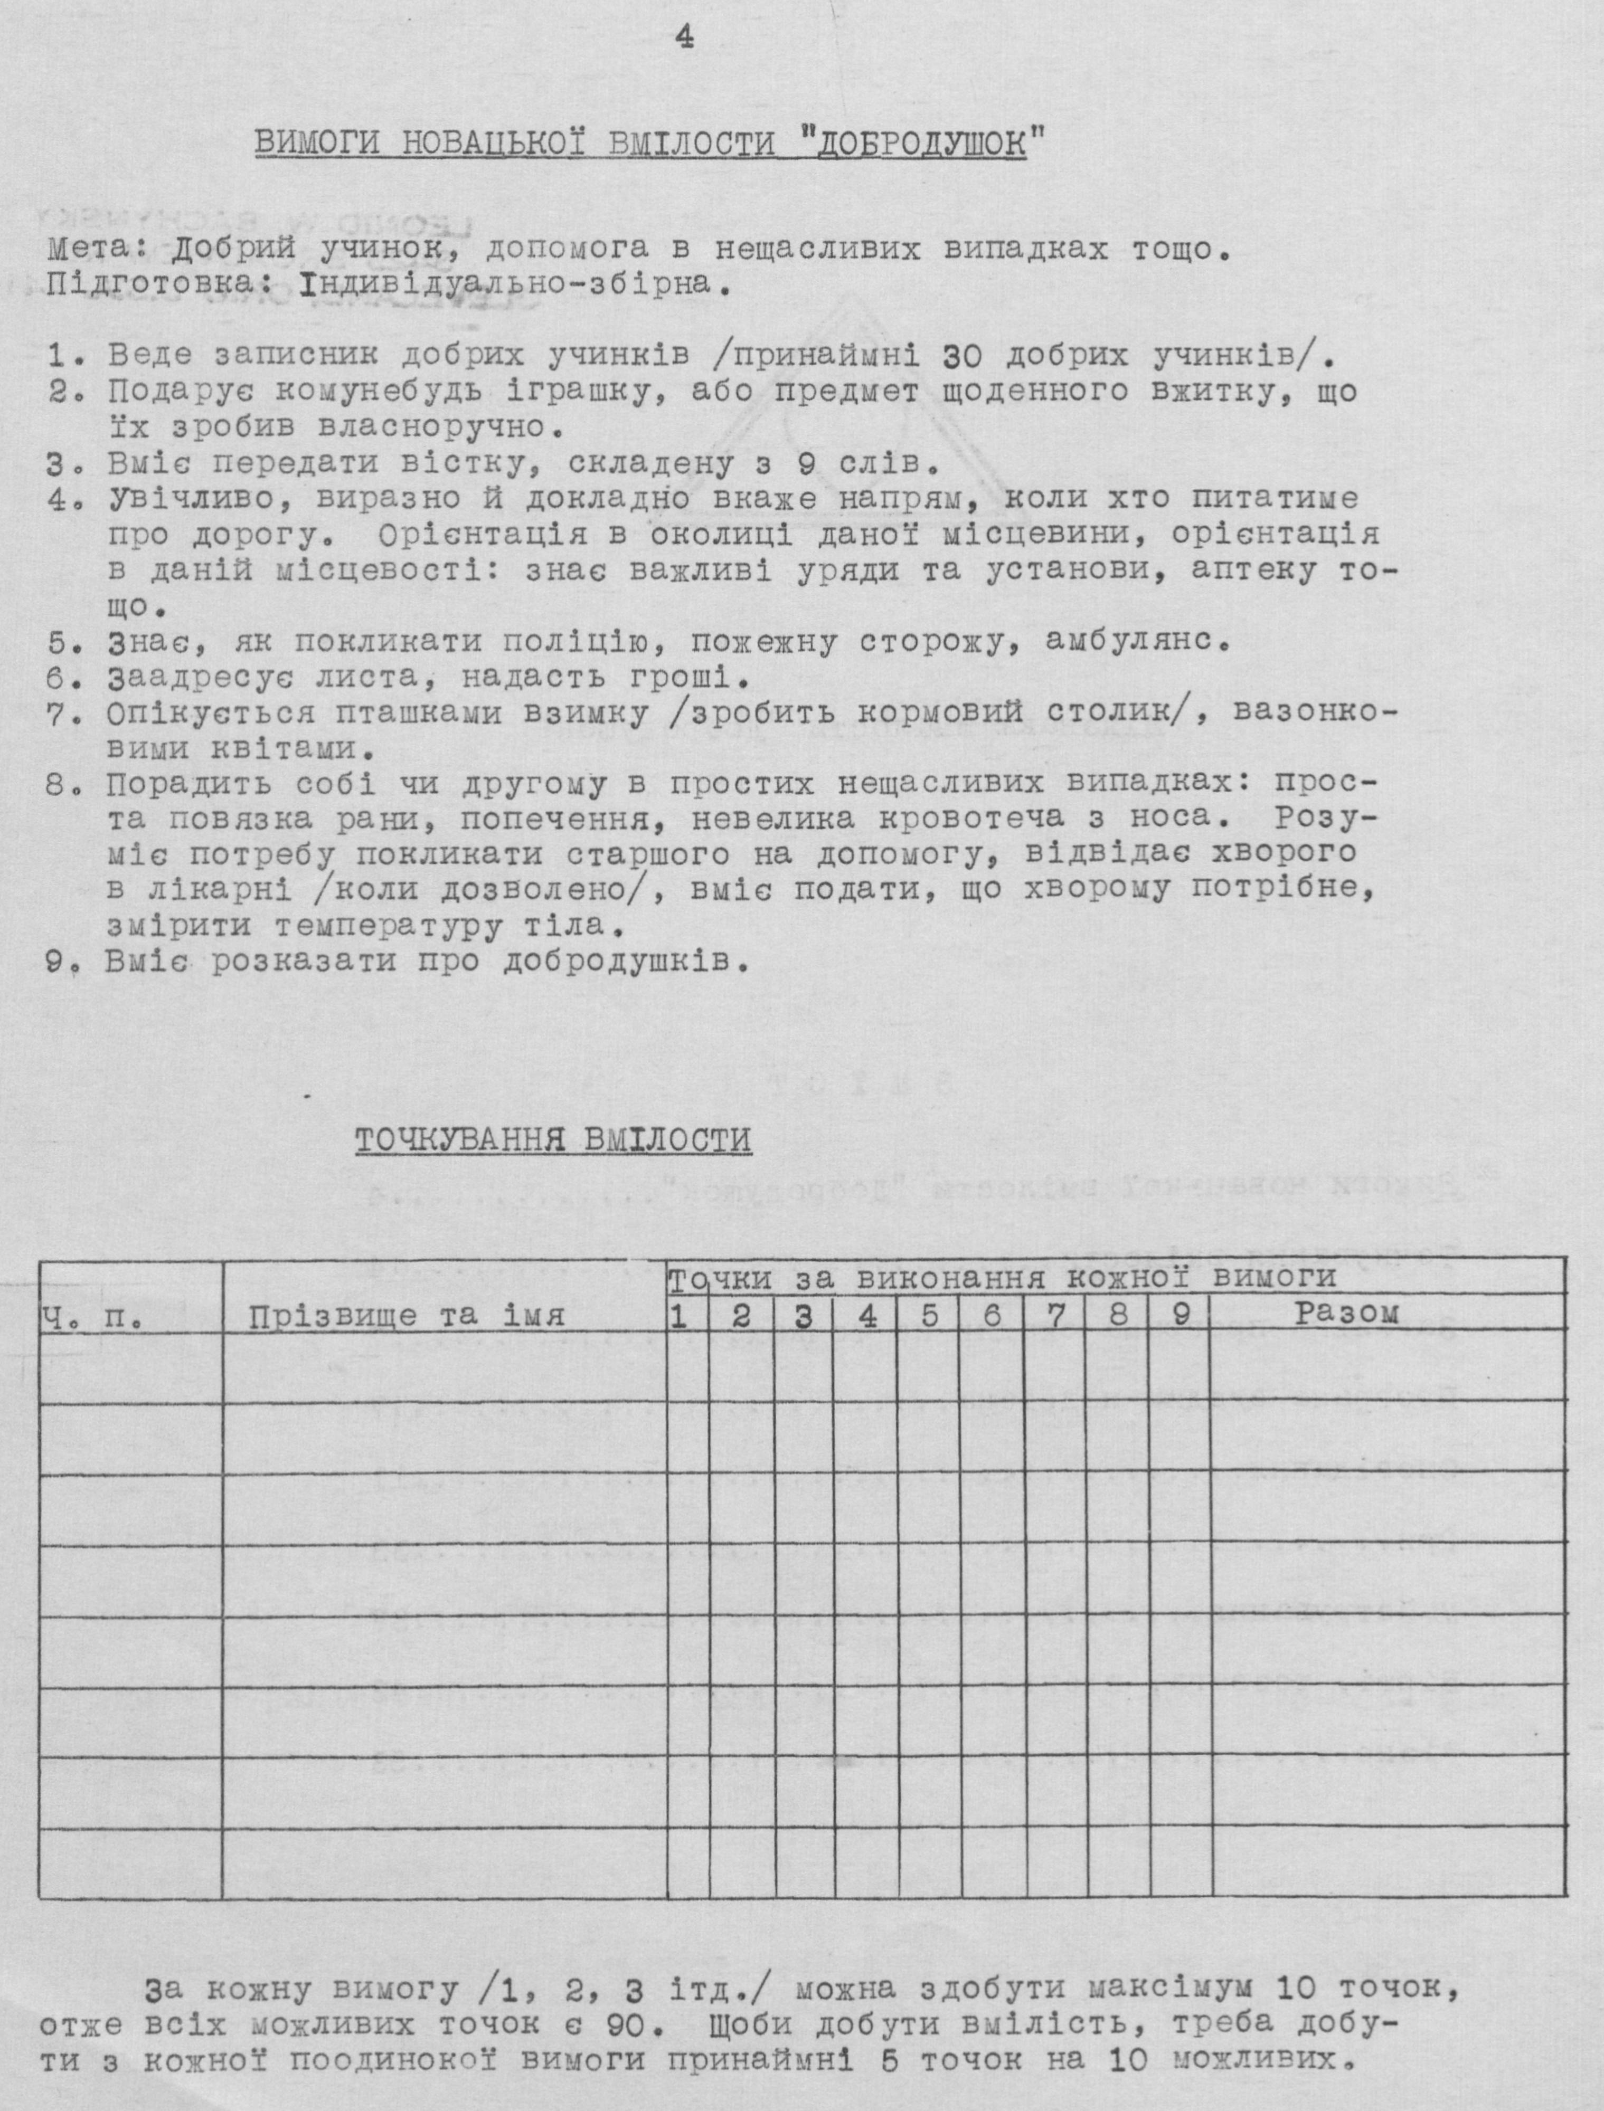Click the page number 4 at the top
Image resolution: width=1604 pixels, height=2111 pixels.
(684, 37)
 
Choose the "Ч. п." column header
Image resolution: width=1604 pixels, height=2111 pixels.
(91, 1319)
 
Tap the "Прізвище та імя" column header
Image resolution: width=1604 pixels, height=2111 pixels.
(407, 1317)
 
